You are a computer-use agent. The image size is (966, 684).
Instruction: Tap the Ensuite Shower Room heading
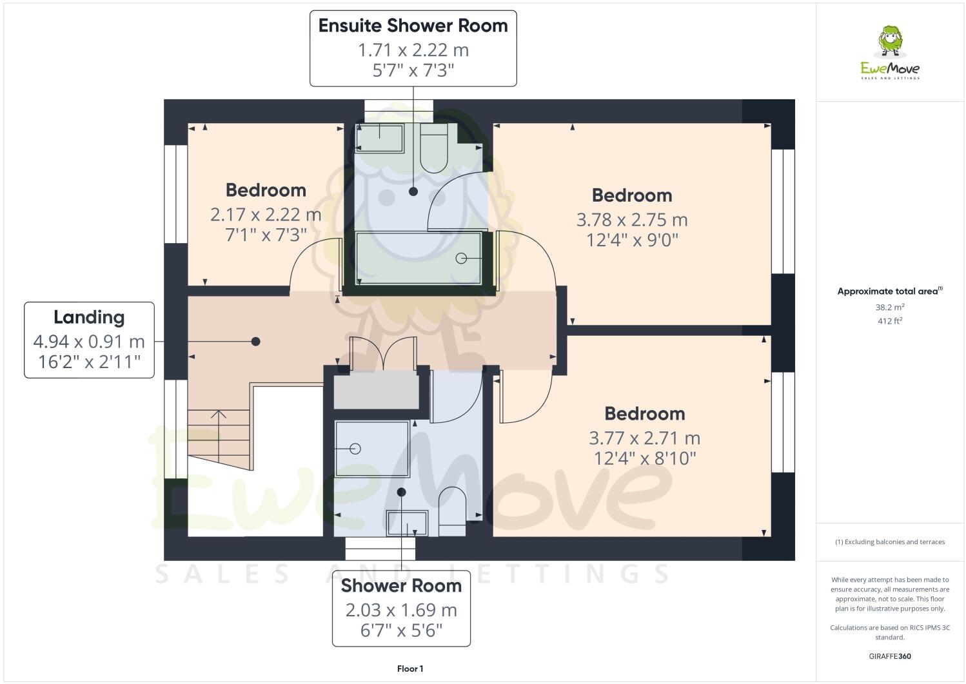413,26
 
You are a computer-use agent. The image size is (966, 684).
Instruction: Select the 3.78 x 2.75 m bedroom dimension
631,220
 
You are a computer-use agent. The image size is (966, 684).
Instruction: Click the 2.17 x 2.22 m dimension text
265,214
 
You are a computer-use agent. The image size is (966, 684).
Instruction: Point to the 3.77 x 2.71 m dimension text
644,438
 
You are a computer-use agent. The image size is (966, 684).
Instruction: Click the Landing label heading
89,317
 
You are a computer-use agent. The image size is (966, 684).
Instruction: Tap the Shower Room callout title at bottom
401,585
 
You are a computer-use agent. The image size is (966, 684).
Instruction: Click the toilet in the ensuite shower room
433,148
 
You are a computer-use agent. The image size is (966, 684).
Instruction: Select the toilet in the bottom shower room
452,512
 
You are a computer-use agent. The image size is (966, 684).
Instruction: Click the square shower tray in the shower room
372,449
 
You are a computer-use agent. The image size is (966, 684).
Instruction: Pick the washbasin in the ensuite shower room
380,138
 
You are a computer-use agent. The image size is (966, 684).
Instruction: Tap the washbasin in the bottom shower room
406,523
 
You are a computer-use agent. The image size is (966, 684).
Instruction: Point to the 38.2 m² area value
890,308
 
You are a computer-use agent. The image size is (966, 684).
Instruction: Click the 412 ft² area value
890,320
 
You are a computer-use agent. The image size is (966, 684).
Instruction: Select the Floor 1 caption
410,669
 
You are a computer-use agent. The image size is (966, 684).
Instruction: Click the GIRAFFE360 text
890,656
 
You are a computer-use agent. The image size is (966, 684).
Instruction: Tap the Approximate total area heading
889,291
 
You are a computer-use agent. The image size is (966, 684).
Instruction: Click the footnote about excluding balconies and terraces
890,542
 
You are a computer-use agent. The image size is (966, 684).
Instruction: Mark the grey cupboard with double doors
376,389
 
